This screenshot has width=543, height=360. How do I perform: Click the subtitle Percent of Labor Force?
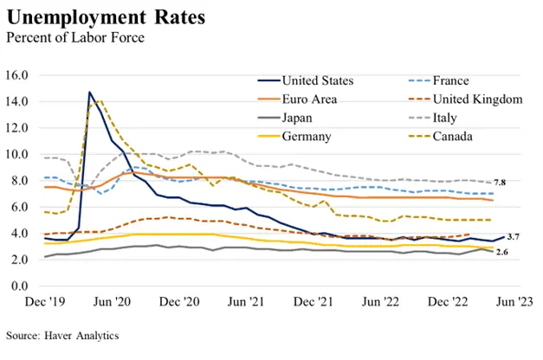[x=63, y=37]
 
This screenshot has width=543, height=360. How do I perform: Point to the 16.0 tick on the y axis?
[x=18, y=75]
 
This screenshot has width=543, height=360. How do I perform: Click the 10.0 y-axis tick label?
[x=18, y=154]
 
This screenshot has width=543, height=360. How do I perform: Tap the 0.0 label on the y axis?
[x=21, y=286]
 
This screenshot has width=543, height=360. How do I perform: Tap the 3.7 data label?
[x=513, y=237]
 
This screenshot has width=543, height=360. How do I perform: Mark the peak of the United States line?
[x=89, y=92]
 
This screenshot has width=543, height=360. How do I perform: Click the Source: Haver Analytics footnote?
[x=61, y=334]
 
